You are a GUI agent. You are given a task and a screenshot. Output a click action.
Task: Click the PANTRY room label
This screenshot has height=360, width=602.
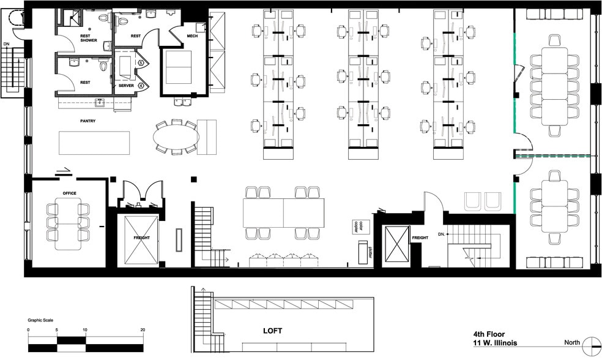[88, 121]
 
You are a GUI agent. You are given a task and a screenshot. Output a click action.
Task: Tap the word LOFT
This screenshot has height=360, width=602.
[273, 331]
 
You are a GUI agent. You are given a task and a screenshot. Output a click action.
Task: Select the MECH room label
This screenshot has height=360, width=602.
[192, 36]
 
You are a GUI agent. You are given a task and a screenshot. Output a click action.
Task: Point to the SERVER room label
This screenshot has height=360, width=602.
[126, 86]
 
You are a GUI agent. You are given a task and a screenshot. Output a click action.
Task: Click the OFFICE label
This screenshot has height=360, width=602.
[70, 193]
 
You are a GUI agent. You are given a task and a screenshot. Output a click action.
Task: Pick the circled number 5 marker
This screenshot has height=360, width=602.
[141, 62]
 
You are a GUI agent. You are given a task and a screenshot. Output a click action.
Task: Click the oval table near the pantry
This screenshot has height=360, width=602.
[177, 137]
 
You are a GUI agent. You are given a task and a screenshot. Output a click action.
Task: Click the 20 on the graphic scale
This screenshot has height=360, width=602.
[143, 330]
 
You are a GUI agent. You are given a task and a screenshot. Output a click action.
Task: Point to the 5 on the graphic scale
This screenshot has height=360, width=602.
[57, 330]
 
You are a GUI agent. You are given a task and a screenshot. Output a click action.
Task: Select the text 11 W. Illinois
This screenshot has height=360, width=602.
[495, 343]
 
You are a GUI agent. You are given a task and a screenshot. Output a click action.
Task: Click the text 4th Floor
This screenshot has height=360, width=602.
[489, 334]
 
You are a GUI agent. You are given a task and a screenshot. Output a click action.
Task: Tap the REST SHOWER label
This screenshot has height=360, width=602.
[89, 38]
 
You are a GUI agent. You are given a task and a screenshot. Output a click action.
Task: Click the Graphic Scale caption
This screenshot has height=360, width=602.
[40, 320]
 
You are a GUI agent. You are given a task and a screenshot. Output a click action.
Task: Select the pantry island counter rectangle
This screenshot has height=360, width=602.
[94, 143]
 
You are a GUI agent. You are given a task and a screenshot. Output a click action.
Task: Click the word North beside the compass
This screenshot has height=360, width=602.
[572, 342]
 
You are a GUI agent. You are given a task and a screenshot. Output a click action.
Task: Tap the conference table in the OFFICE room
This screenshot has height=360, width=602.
[68, 224]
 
